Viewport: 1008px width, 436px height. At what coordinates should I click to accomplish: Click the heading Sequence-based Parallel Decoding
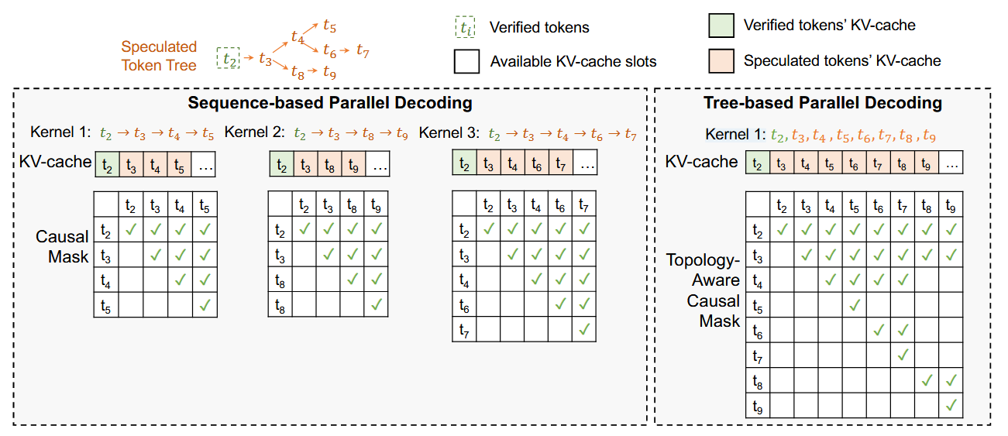(x=330, y=103)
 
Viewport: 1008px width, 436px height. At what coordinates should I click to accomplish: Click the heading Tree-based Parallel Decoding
(x=822, y=103)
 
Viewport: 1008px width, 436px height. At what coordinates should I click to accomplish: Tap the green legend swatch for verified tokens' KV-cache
(x=720, y=26)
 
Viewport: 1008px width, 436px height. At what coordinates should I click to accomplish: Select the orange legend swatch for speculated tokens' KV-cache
(x=720, y=60)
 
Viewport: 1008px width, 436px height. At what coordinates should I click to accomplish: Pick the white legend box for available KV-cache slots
(x=466, y=61)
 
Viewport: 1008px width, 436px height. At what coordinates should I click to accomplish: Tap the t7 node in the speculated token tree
(x=363, y=51)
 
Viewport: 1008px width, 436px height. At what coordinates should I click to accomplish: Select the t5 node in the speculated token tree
(x=329, y=28)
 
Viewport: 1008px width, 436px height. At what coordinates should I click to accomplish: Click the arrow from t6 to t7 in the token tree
(x=346, y=52)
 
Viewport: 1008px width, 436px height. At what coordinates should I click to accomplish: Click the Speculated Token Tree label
(x=159, y=56)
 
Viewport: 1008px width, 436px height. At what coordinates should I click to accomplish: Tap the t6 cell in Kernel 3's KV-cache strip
(x=537, y=164)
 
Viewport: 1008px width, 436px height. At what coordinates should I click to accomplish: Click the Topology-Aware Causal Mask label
(x=704, y=290)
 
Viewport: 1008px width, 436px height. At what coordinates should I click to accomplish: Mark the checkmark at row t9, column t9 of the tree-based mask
(x=951, y=405)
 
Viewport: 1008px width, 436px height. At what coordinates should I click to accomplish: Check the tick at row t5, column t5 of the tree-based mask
(x=855, y=305)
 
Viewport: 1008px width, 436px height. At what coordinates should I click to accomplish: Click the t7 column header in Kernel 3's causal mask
(x=585, y=205)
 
